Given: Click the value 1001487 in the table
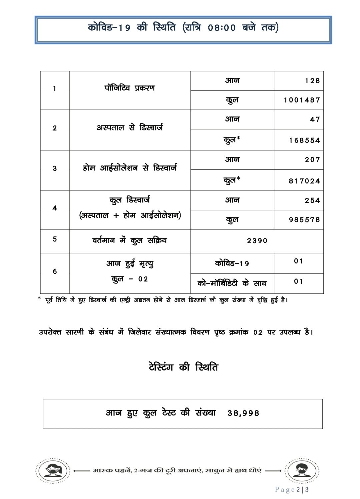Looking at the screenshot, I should click(x=302, y=100).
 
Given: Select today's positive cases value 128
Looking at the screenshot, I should click(x=312, y=81).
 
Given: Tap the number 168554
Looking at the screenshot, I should click(x=304, y=140).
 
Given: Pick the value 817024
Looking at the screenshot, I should click(x=304, y=181).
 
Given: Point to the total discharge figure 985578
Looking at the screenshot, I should click(x=304, y=220).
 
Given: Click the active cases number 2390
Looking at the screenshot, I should click(x=257, y=241).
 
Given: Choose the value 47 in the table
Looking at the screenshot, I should click(x=315, y=119).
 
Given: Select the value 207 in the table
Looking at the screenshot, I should click(x=312, y=160).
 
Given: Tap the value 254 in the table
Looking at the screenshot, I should click(x=312, y=200).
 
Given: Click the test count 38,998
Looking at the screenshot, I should click(x=243, y=413).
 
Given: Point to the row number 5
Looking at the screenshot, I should click(x=55, y=239).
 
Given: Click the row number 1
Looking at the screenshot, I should click(x=55, y=88).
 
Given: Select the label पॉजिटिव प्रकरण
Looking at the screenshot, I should click(x=130, y=88).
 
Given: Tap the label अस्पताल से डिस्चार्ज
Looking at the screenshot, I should click(x=130, y=128).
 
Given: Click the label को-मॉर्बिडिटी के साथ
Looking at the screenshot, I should click(x=232, y=283).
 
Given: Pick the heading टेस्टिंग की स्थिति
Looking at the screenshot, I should click(x=183, y=367).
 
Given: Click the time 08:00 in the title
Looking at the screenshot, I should click(x=222, y=28).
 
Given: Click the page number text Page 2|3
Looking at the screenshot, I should click(x=292, y=489).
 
